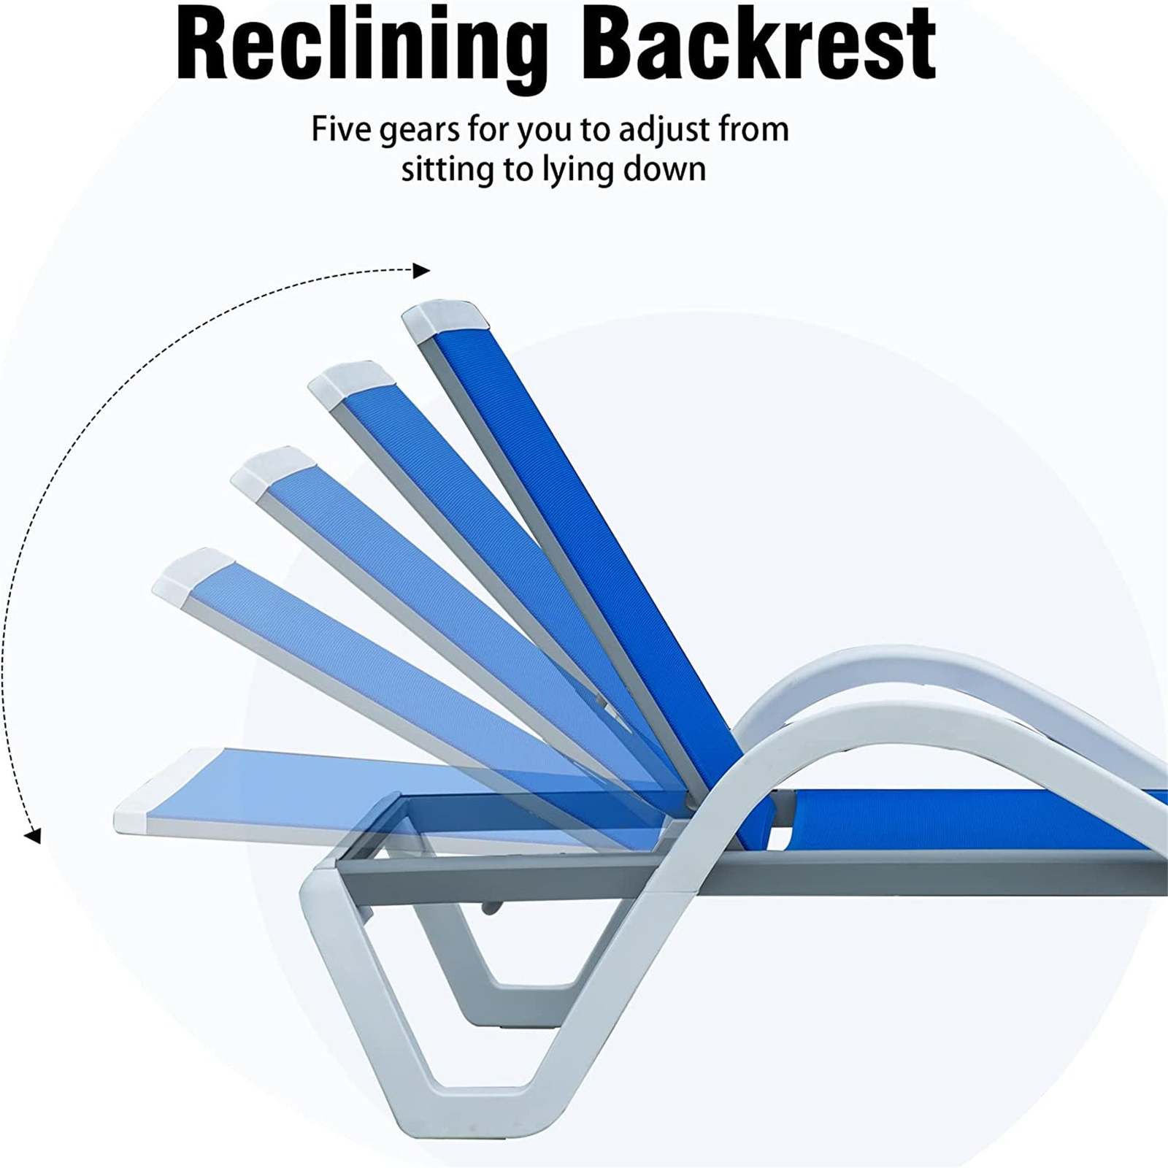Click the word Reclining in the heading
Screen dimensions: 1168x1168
click(362, 45)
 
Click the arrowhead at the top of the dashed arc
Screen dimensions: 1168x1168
click(421, 271)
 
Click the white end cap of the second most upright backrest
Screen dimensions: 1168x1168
click(349, 383)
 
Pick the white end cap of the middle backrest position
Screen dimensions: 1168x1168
click(272, 474)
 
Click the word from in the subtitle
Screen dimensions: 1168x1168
click(753, 129)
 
